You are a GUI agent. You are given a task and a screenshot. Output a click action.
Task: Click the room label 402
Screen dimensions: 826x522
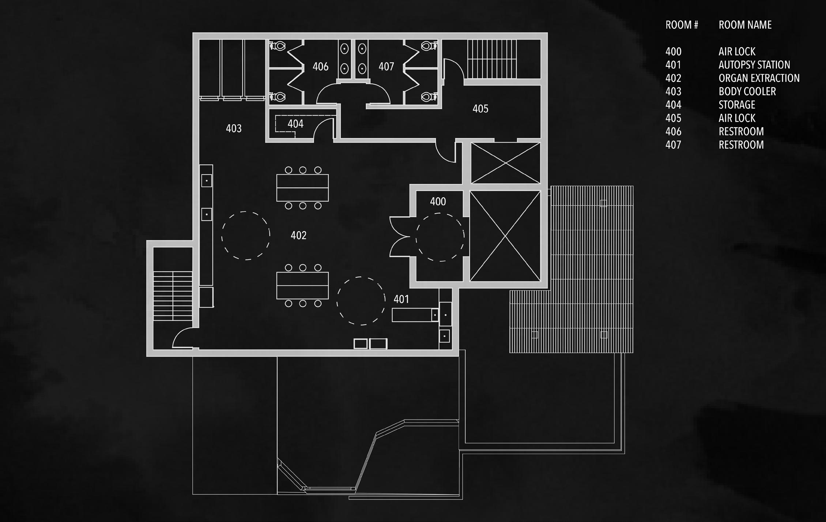(298, 235)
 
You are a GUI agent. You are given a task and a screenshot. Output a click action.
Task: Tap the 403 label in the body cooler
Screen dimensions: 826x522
(234, 128)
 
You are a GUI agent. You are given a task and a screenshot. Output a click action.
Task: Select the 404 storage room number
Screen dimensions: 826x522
(295, 124)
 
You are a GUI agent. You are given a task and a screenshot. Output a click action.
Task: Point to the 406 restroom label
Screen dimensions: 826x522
(320, 67)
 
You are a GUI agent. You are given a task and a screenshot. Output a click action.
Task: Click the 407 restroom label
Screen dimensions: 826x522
(386, 67)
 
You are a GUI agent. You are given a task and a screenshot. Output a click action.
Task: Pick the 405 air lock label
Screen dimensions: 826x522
(480, 109)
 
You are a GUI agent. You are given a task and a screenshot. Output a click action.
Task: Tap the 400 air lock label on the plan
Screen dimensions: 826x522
(438, 202)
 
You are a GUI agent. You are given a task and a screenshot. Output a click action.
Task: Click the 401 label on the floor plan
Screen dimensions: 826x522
(401, 299)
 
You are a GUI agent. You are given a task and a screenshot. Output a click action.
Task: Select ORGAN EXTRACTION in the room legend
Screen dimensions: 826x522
(759, 78)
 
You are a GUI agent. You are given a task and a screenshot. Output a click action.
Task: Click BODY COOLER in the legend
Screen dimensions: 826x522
(747, 91)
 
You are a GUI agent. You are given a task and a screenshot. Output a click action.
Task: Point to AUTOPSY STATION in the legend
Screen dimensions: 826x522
(754, 65)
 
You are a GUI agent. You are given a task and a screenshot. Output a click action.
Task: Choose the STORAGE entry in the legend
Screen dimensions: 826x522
(737, 105)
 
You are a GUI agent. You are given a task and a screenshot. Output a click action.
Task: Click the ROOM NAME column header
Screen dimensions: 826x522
(745, 25)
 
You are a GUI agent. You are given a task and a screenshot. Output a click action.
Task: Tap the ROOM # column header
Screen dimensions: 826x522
(682, 25)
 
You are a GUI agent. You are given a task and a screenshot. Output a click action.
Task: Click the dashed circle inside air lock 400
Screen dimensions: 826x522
(440, 237)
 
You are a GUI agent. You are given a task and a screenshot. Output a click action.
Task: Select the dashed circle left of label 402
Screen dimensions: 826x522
(246, 236)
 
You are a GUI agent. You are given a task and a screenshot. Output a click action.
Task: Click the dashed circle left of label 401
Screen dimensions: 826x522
(361, 301)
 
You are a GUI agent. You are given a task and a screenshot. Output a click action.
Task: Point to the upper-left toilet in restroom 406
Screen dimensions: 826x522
(278, 46)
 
